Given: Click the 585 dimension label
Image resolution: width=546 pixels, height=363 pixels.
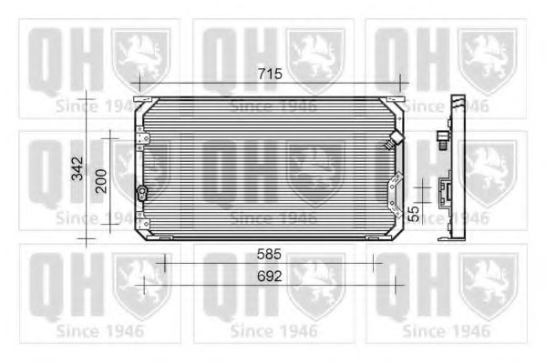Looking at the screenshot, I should point(270,256).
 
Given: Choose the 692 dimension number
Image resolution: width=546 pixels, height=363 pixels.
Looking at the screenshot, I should point(270,275).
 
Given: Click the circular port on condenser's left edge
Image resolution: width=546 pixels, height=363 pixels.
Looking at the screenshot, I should point(141,192).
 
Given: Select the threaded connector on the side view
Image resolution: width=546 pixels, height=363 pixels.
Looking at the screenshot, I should point(442,139).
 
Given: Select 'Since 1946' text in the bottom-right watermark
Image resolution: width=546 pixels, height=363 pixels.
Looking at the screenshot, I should point(447,328).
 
